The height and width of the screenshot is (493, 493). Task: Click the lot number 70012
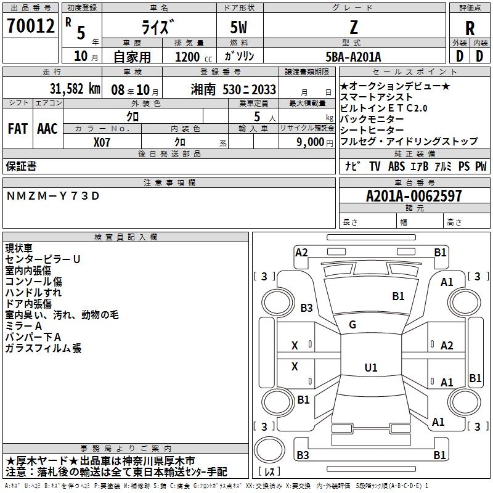(30, 25)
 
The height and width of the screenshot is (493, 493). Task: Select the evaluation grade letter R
(470, 28)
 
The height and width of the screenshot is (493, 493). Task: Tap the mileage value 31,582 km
(75, 89)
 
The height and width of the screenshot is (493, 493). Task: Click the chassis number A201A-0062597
(414, 196)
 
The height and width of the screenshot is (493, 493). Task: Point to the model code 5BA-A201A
(353, 57)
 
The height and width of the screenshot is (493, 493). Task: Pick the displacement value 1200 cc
(194, 57)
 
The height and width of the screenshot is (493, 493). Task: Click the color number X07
(102, 142)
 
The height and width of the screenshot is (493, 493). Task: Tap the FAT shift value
(18, 129)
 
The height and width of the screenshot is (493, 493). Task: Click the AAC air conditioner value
(47, 129)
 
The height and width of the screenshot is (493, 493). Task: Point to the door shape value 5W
(238, 27)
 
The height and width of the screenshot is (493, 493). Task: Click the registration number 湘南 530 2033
(234, 89)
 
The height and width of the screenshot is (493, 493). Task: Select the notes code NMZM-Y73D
(53, 196)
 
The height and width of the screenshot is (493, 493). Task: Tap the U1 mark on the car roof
(371, 367)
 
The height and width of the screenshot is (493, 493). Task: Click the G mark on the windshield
(352, 325)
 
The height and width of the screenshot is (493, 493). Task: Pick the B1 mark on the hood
(398, 296)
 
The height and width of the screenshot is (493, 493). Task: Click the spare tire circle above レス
(269, 449)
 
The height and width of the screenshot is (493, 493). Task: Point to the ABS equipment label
(396, 166)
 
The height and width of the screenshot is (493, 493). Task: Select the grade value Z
(354, 28)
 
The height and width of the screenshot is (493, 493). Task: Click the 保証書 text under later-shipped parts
(21, 166)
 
